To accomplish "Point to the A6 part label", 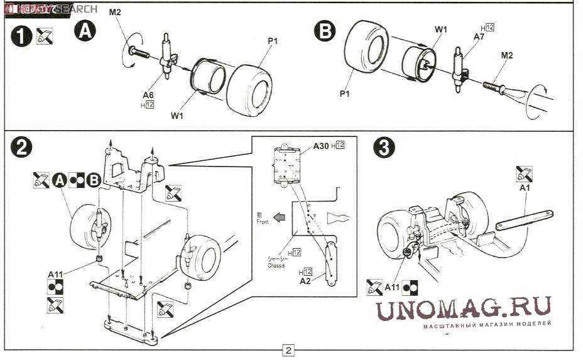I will pyautogui.click(x=148, y=95).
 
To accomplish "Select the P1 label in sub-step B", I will pyautogui.click(x=344, y=94).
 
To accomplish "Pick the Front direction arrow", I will pyautogui.click(x=279, y=218).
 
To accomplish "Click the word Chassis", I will pyautogui.click(x=275, y=265).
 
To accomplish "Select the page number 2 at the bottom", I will pyautogui.click(x=288, y=351).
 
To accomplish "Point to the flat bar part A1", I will pyautogui.click(x=524, y=220).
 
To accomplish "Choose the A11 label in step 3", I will pyautogui.click(x=392, y=287).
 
